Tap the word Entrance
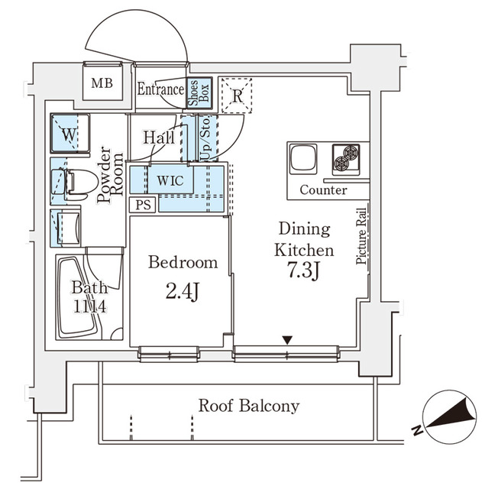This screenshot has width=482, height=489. tap(160, 89)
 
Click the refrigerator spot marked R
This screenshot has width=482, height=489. tap(238, 96)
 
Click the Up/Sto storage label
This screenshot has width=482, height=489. tap(205, 138)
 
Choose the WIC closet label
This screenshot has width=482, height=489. tap(170, 182)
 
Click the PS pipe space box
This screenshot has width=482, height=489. tap(141, 205)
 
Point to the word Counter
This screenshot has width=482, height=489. tap(322, 190)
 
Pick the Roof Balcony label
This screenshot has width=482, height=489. tap(248, 406)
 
